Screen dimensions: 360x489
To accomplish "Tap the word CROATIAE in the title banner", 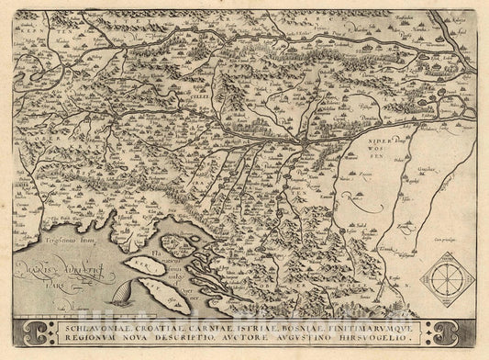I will click(x=165, y=321).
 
